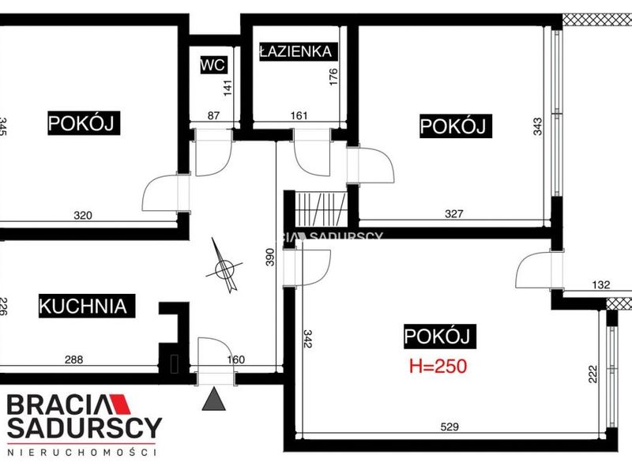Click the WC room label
tap(213, 65)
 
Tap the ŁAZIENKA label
tap(295, 51)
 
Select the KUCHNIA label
tap(83, 306)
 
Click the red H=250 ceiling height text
tap(438, 367)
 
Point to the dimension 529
tap(450, 427)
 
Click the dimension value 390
tap(269, 257)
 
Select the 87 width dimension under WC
tap(213, 115)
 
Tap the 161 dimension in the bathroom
tap(299, 115)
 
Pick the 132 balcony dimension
tap(601, 284)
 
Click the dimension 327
tap(453, 213)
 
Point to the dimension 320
tap(83, 216)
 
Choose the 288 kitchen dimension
tap(74, 359)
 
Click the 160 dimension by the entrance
tap(235, 359)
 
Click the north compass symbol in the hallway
tap(224, 266)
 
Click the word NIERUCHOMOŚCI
tap(82, 453)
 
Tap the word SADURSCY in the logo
tap(85, 428)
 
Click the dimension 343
tap(538, 126)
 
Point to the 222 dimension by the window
tap(592, 374)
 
